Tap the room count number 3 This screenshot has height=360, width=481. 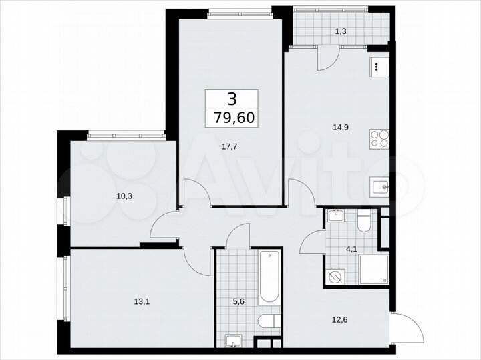231,99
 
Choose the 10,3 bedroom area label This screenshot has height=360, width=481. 104,196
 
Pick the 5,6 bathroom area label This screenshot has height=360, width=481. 238,300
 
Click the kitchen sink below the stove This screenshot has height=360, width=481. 379,187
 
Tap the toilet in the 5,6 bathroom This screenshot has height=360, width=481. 270,322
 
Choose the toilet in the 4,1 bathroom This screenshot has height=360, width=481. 364,220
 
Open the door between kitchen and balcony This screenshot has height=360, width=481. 327,59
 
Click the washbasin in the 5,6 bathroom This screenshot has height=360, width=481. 233,340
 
